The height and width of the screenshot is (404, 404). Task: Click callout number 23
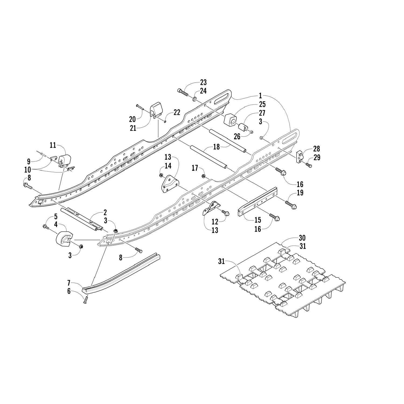click(203, 82)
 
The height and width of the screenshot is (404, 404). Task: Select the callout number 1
click(260, 96)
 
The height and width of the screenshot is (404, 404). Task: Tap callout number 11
click(53, 145)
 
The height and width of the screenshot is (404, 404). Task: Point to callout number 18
click(216, 147)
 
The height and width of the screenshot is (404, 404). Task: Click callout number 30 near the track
click(302, 238)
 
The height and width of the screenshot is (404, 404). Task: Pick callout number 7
click(69, 283)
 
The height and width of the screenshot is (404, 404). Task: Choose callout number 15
click(258, 220)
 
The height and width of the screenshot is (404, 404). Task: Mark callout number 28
click(316, 149)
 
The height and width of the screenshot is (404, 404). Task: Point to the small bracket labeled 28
click(299, 157)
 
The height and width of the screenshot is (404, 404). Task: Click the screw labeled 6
click(86, 299)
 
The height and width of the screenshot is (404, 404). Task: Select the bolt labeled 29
click(309, 166)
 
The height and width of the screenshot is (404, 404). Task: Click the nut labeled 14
click(161, 176)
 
